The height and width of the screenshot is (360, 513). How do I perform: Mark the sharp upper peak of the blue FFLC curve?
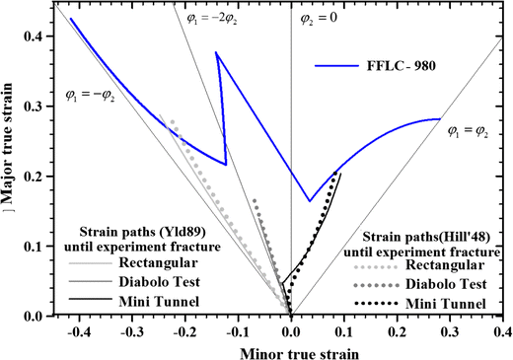click(x=216, y=53)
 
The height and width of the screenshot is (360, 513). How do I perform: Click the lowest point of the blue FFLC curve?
click(x=309, y=201)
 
